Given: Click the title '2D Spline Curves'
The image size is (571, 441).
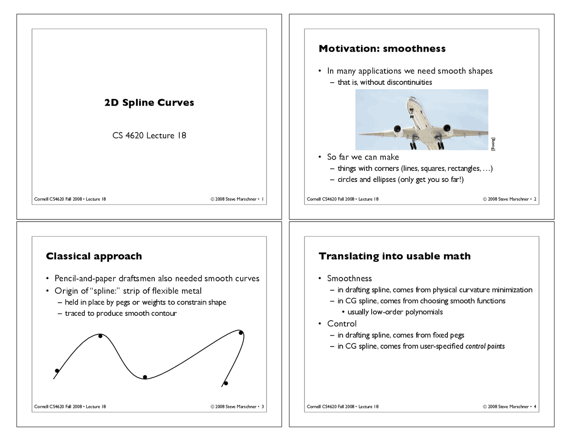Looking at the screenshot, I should pos(149,103).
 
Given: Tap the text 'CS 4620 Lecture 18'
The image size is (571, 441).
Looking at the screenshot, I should pos(149,136).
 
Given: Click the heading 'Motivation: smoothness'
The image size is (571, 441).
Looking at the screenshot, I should pos(382,49).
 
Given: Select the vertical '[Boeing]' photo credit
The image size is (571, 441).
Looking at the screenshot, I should pos(493,144).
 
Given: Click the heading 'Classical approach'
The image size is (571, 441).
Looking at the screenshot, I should pos(94,256).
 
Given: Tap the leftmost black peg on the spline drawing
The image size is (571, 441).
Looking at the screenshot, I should pos(57,371).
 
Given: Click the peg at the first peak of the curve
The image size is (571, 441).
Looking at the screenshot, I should pos(100,336).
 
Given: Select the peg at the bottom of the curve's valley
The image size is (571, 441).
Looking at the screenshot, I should pos(145,377).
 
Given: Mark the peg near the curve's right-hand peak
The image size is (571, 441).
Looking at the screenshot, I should pos(241,333).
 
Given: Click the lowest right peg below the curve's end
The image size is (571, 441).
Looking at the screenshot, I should pos(226,383).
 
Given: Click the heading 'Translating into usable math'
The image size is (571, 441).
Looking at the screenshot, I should pos(394,256).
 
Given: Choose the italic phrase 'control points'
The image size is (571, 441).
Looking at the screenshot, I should pos(485,346).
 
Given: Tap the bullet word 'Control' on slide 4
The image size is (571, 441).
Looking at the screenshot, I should pos(342,324).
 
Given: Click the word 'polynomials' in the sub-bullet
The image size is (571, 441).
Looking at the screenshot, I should pos(424,312).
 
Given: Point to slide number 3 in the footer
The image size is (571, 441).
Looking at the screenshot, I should pos(263,407).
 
